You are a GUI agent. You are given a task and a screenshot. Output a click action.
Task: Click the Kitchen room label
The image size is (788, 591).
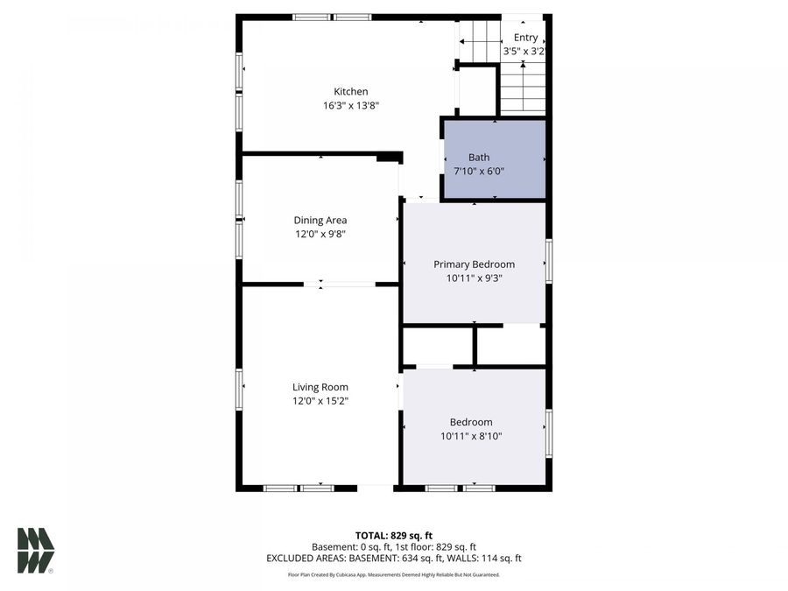click(x=350, y=91)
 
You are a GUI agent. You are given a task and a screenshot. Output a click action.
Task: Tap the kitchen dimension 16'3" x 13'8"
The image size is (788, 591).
click(x=350, y=105)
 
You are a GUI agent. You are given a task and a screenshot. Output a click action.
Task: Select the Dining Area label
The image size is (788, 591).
click(x=320, y=220)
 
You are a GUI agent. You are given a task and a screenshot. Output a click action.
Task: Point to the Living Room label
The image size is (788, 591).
click(x=320, y=387)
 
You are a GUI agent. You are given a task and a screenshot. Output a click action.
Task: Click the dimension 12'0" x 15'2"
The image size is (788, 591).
click(x=320, y=401)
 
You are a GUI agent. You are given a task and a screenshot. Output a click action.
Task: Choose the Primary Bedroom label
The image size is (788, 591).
click(x=474, y=264)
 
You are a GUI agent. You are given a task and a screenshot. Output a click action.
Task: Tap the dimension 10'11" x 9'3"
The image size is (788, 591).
click(x=474, y=278)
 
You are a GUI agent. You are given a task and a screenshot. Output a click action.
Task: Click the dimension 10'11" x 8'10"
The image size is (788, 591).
click(x=471, y=436)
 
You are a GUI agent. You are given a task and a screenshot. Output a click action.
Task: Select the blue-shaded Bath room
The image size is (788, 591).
click(x=495, y=159)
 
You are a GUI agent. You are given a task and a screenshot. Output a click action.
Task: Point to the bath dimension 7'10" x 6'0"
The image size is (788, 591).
click(x=479, y=172)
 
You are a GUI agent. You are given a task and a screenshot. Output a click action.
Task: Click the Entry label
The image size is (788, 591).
click(x=525, y=38)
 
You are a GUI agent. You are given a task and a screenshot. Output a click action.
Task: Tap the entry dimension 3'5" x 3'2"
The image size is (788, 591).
click(x=524, y=52)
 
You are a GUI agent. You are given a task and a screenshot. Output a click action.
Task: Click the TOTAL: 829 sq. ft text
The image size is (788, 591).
click(x=394, y=535)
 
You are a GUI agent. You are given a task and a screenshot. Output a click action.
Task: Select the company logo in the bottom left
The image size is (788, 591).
click(x=36, y=550)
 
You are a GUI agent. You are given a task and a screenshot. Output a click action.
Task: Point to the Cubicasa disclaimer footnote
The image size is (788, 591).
click(x=394, y=574)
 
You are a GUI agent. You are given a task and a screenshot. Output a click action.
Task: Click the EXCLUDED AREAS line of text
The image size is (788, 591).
click(x=394, y=558)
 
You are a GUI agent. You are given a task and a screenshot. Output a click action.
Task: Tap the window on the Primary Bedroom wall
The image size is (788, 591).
click(x=548, y=261)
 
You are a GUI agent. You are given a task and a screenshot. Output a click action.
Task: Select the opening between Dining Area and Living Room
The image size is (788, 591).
click(x=340, y=284)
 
